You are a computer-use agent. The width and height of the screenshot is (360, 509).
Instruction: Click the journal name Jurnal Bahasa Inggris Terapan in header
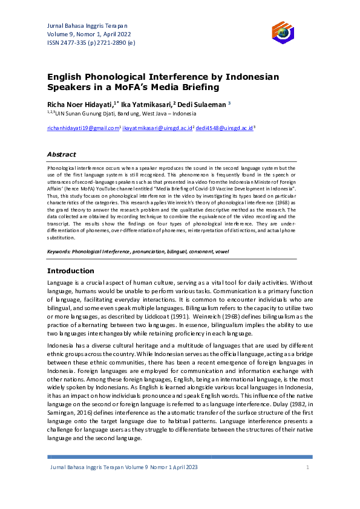[87, 25]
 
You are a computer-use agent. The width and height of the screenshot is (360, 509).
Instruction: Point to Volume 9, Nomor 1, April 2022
[88, 34]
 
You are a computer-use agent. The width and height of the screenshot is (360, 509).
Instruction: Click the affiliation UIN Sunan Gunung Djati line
[121, 113]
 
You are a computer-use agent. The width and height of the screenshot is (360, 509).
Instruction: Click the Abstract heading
[62, 154]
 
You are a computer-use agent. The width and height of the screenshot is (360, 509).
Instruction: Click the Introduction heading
[71, 271]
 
